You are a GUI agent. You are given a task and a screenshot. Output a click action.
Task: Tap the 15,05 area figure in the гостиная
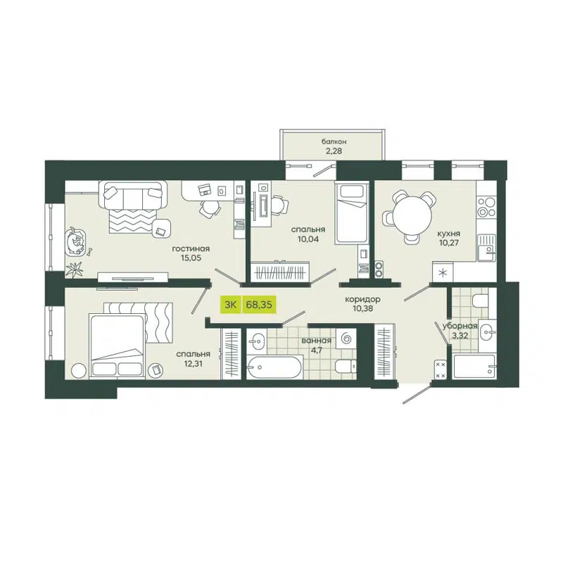click(x=190, y=258)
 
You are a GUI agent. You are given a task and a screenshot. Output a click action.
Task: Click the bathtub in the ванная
click(x=274, y=368)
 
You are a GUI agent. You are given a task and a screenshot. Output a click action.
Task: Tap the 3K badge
click(x=230, y=305)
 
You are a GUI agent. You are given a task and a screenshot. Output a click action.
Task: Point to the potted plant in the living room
click(x=75, y=268)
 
